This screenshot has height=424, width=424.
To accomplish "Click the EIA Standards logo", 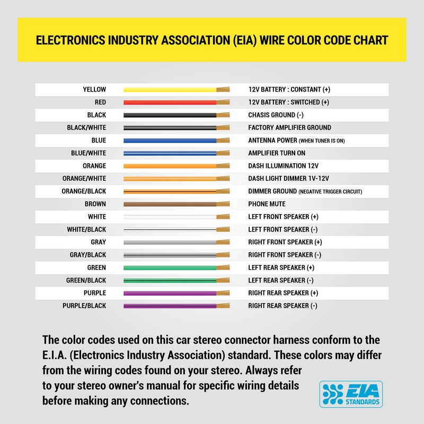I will coord(350,394).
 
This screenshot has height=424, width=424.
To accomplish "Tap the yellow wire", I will coord(170,90).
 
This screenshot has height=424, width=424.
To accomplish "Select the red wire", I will coord(170,102).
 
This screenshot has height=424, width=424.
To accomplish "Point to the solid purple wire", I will coord(170,293).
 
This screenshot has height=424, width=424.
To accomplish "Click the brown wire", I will coord(170,204).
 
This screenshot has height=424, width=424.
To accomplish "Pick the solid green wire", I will coord(170,268).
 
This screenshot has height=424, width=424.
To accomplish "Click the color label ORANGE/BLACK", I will coord(84,191).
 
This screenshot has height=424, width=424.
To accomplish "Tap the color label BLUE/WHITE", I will coord(88,153).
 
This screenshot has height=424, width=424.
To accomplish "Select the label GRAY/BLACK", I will coord(88,255).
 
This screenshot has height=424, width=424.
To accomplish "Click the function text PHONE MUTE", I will coord(267,204).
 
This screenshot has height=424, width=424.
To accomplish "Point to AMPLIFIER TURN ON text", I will coord(277,153).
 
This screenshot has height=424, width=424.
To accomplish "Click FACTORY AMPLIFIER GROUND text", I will coord(289,128).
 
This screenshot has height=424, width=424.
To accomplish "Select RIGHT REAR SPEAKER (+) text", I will coord(283,293).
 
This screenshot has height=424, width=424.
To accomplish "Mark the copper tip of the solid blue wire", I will coord(223,140).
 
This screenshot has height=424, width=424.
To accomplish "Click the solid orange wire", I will coord(170,166).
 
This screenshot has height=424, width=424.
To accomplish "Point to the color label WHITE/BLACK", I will coord(86,229).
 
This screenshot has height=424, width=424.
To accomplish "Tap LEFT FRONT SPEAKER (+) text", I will coord(283,217).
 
